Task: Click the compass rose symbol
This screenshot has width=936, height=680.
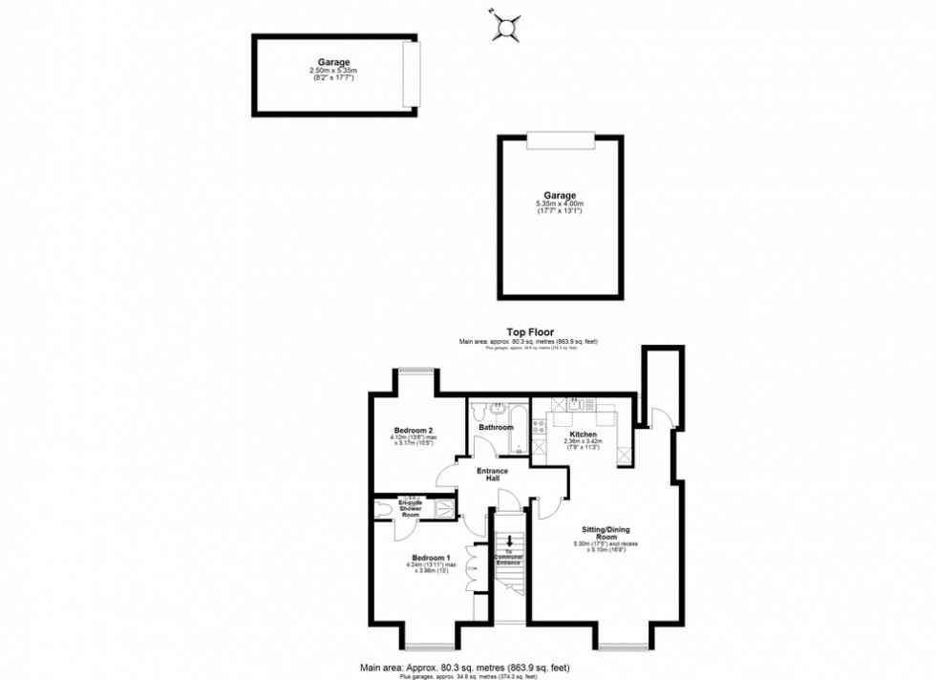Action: tap(506, 27)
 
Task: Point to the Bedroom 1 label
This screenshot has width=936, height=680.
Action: tap(430, 558)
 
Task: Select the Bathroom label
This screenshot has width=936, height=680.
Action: tap(496, 427)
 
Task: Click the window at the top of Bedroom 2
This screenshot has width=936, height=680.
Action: tap(416, 372)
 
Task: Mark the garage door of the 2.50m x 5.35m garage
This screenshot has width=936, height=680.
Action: tap(411, 74)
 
